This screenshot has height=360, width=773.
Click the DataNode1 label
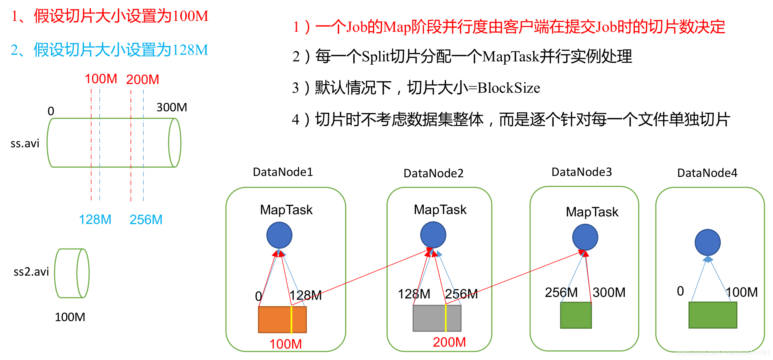pyautogui.click(x=283, y=172)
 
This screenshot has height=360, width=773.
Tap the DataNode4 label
pyautogui.click(x=707, y=173)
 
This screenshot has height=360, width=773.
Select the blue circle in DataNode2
pyautogui.click(x=433, y=235)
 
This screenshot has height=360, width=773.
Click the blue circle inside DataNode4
pyautogui.click(x=707, y=242)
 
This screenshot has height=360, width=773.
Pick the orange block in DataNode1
pyautogui.click(x=282, y=319)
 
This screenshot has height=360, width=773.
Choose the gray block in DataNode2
pyautogui.click(x=437, y=318)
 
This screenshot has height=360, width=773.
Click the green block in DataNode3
pyautogui.click(x=576, y=315)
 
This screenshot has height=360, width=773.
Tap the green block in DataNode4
pyautogui.click(x=713, y=315)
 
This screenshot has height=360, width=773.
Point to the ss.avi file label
pyautogui.click(x=25, y=144)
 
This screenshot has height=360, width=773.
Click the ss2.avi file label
pyautogui.click(x=31, y=272)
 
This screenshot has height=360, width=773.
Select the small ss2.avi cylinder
pyautogui.click(x=72, y=273)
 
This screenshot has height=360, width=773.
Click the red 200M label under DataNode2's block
pyautogui.click(x=449, y=342)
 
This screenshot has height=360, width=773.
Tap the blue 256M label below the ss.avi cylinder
pyautogui.click(x=146, y=220)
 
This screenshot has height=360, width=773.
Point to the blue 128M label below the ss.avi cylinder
pyautogui.click(x=95, y=220)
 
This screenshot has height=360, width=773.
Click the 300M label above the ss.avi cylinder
pyautogui.click(x=171, y=107)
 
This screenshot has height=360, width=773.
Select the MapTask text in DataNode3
pyautogui.click(x=592, y=212)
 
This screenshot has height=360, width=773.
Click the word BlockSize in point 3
pyautogui.click(x=509, y=88)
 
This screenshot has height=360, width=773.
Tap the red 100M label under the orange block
pyautogui.click(x=286, y=344)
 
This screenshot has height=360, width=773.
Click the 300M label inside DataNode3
pyautogui.click(x=609, y=293)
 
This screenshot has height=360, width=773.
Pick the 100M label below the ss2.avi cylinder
pyautogui.click(x=70, y=317)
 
